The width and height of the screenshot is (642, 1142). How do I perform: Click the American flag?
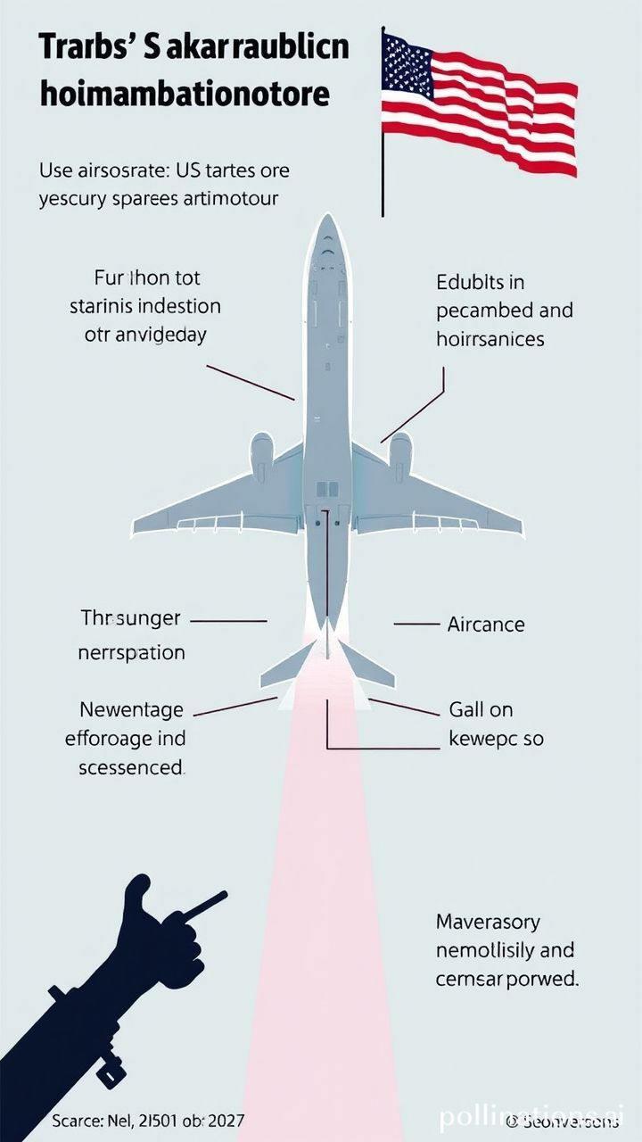(x=479, y=103)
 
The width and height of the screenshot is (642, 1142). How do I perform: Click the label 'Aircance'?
(x=486, y=625)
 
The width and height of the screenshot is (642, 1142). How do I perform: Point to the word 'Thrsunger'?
(x=130, y=618)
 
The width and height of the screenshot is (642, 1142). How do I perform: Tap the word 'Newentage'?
(x=131, y=710)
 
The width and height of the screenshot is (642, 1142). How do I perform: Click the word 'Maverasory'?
(x=487, y=922)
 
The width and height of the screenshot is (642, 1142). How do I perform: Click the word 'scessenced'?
(x=130, y=767)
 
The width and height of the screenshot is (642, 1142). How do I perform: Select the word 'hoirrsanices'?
(x=490, y=340)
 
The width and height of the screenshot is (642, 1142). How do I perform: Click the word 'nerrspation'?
(x=131, y=652)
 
